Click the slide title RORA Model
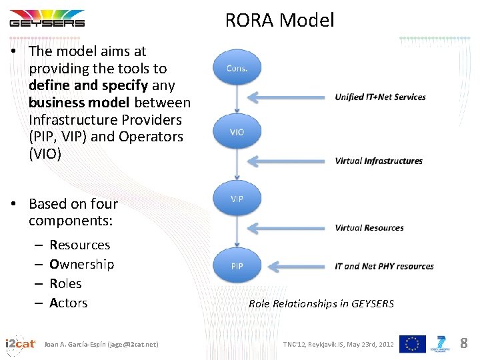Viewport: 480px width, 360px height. tap(279, 20)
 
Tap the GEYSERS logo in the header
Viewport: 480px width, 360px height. tap(47, 21)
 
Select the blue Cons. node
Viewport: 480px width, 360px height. tap(237, 67)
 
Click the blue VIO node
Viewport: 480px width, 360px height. tap(237, 132)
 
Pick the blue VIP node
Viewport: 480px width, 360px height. tap(237, 199)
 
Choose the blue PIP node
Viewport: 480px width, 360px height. tap(237, 265)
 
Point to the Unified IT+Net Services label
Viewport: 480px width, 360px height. tap(380, 97)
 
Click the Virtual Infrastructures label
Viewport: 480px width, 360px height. tap(379, 161)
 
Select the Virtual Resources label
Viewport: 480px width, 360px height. tap(369, 227)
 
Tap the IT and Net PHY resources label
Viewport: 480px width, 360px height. tap(384, 266)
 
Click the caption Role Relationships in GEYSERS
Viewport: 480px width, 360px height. tap(321, 303)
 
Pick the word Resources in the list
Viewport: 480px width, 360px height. tap(80, 245)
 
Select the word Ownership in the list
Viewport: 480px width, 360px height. tap(82, 264)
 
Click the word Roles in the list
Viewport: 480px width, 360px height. tap(65, 283)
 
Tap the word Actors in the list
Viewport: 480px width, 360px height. tap(69, 303)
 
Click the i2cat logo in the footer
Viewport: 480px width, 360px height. tap(20, 343)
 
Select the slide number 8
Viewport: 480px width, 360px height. tap(464, 343)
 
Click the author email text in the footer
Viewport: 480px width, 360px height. tap(101, 344)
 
